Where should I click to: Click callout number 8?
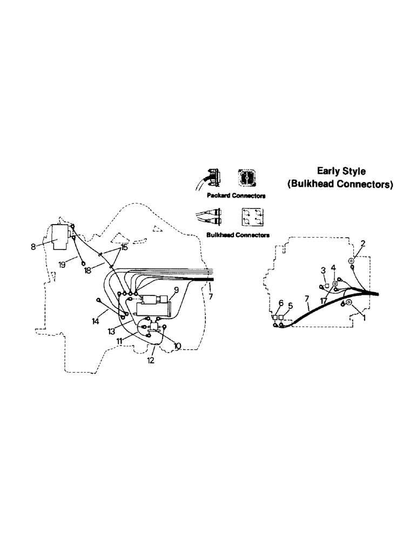[x=33, y=246]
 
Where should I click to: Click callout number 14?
[x=95, y=321]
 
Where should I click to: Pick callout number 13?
[x=111, y=331]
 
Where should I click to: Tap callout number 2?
[x=362, y=243]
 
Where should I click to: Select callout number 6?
[x=280, y=304]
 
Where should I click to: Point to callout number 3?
[x=322, y=269]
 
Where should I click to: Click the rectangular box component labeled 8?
[x=60, y=236]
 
